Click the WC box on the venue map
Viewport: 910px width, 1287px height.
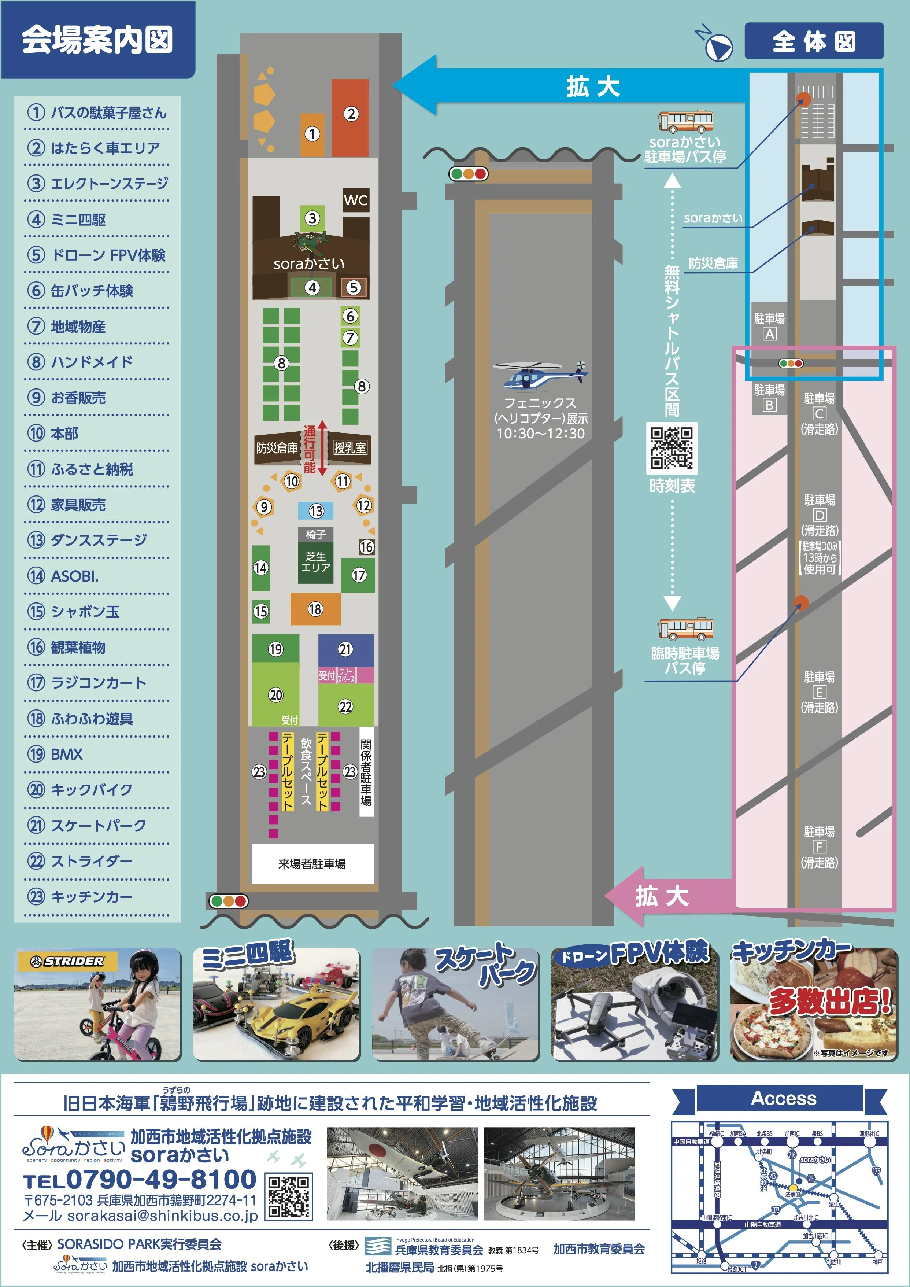click(355, 200)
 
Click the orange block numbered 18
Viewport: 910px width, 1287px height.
click(315, 609)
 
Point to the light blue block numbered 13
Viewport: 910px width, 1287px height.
click(315, 510)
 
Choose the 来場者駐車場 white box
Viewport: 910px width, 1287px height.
click(312, 864)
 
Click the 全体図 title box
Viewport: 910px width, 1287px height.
click(814, 41)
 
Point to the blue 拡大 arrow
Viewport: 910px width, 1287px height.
click(571, 87)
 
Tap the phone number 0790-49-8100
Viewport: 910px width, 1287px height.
click(162, 1180)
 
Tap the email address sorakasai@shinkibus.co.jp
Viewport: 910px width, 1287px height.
click(163, 1216)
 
